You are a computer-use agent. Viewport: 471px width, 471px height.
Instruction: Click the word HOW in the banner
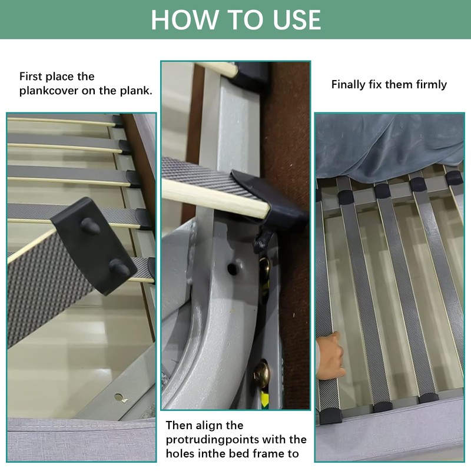coord(184,20)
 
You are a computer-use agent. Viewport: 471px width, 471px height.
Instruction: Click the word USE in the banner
coord(297,20)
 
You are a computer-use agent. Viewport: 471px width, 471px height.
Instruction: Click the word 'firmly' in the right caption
coord(432,85)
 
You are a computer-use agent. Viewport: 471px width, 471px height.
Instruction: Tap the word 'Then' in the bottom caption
coord(179,425)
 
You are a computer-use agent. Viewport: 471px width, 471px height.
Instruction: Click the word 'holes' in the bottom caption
coord(180,453)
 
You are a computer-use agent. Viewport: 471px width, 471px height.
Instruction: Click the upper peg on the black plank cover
coord(90,225)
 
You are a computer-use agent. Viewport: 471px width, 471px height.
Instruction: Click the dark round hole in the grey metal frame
coord(231,268)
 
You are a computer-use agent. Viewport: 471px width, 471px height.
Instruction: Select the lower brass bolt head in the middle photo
coord(262,374)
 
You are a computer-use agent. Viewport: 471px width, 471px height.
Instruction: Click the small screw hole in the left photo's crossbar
coord(119,397)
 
